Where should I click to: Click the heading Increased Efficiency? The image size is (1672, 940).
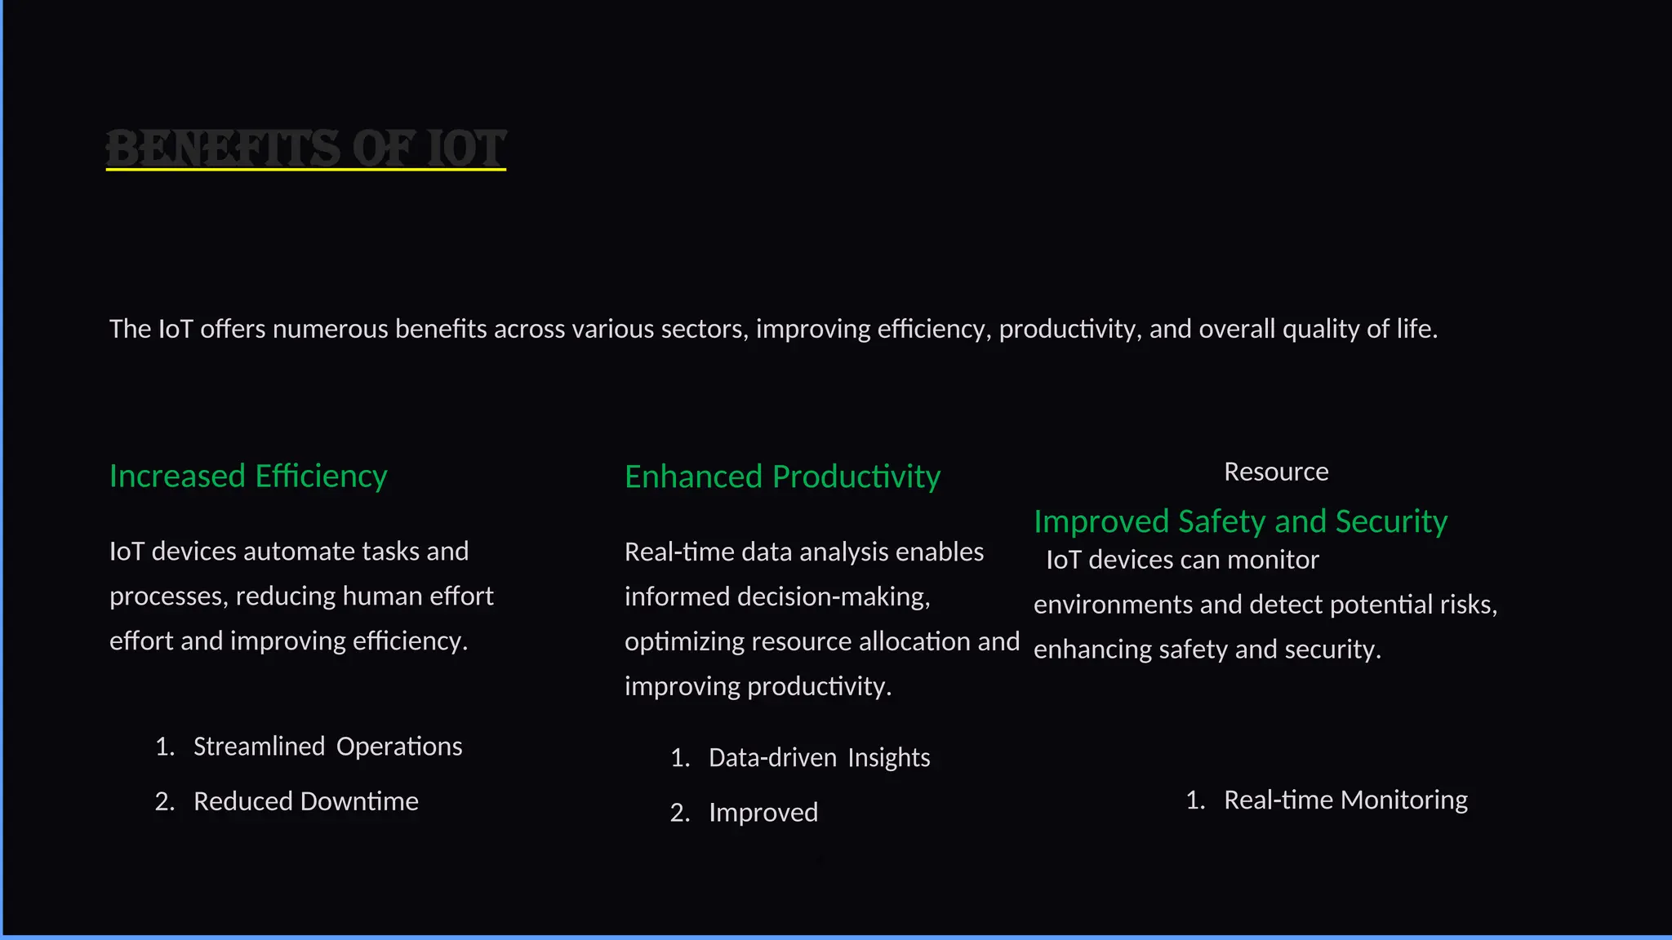[x=248, y=476]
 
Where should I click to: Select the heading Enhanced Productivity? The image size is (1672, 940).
[x=782, y=477]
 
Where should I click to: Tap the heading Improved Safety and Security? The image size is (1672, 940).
[x=1240, y=521]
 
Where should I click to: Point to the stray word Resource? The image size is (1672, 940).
[x=1276, y=472]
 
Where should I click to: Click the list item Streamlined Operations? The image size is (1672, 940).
[x=327, y=747]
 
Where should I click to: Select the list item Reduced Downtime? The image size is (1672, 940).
[x=305, y=801]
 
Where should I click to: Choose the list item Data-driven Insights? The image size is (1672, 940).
[x=819, y=758]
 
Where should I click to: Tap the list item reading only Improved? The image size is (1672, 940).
[x=763, y=813]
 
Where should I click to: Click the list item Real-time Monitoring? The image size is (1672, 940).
[x=1345, y=800]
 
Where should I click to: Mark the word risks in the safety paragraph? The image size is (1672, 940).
[x=1471, y=605]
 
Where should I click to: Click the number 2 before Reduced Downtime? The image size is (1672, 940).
[x=163, y=801]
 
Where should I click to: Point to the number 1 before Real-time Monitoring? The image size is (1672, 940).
[x=1194, y=800]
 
